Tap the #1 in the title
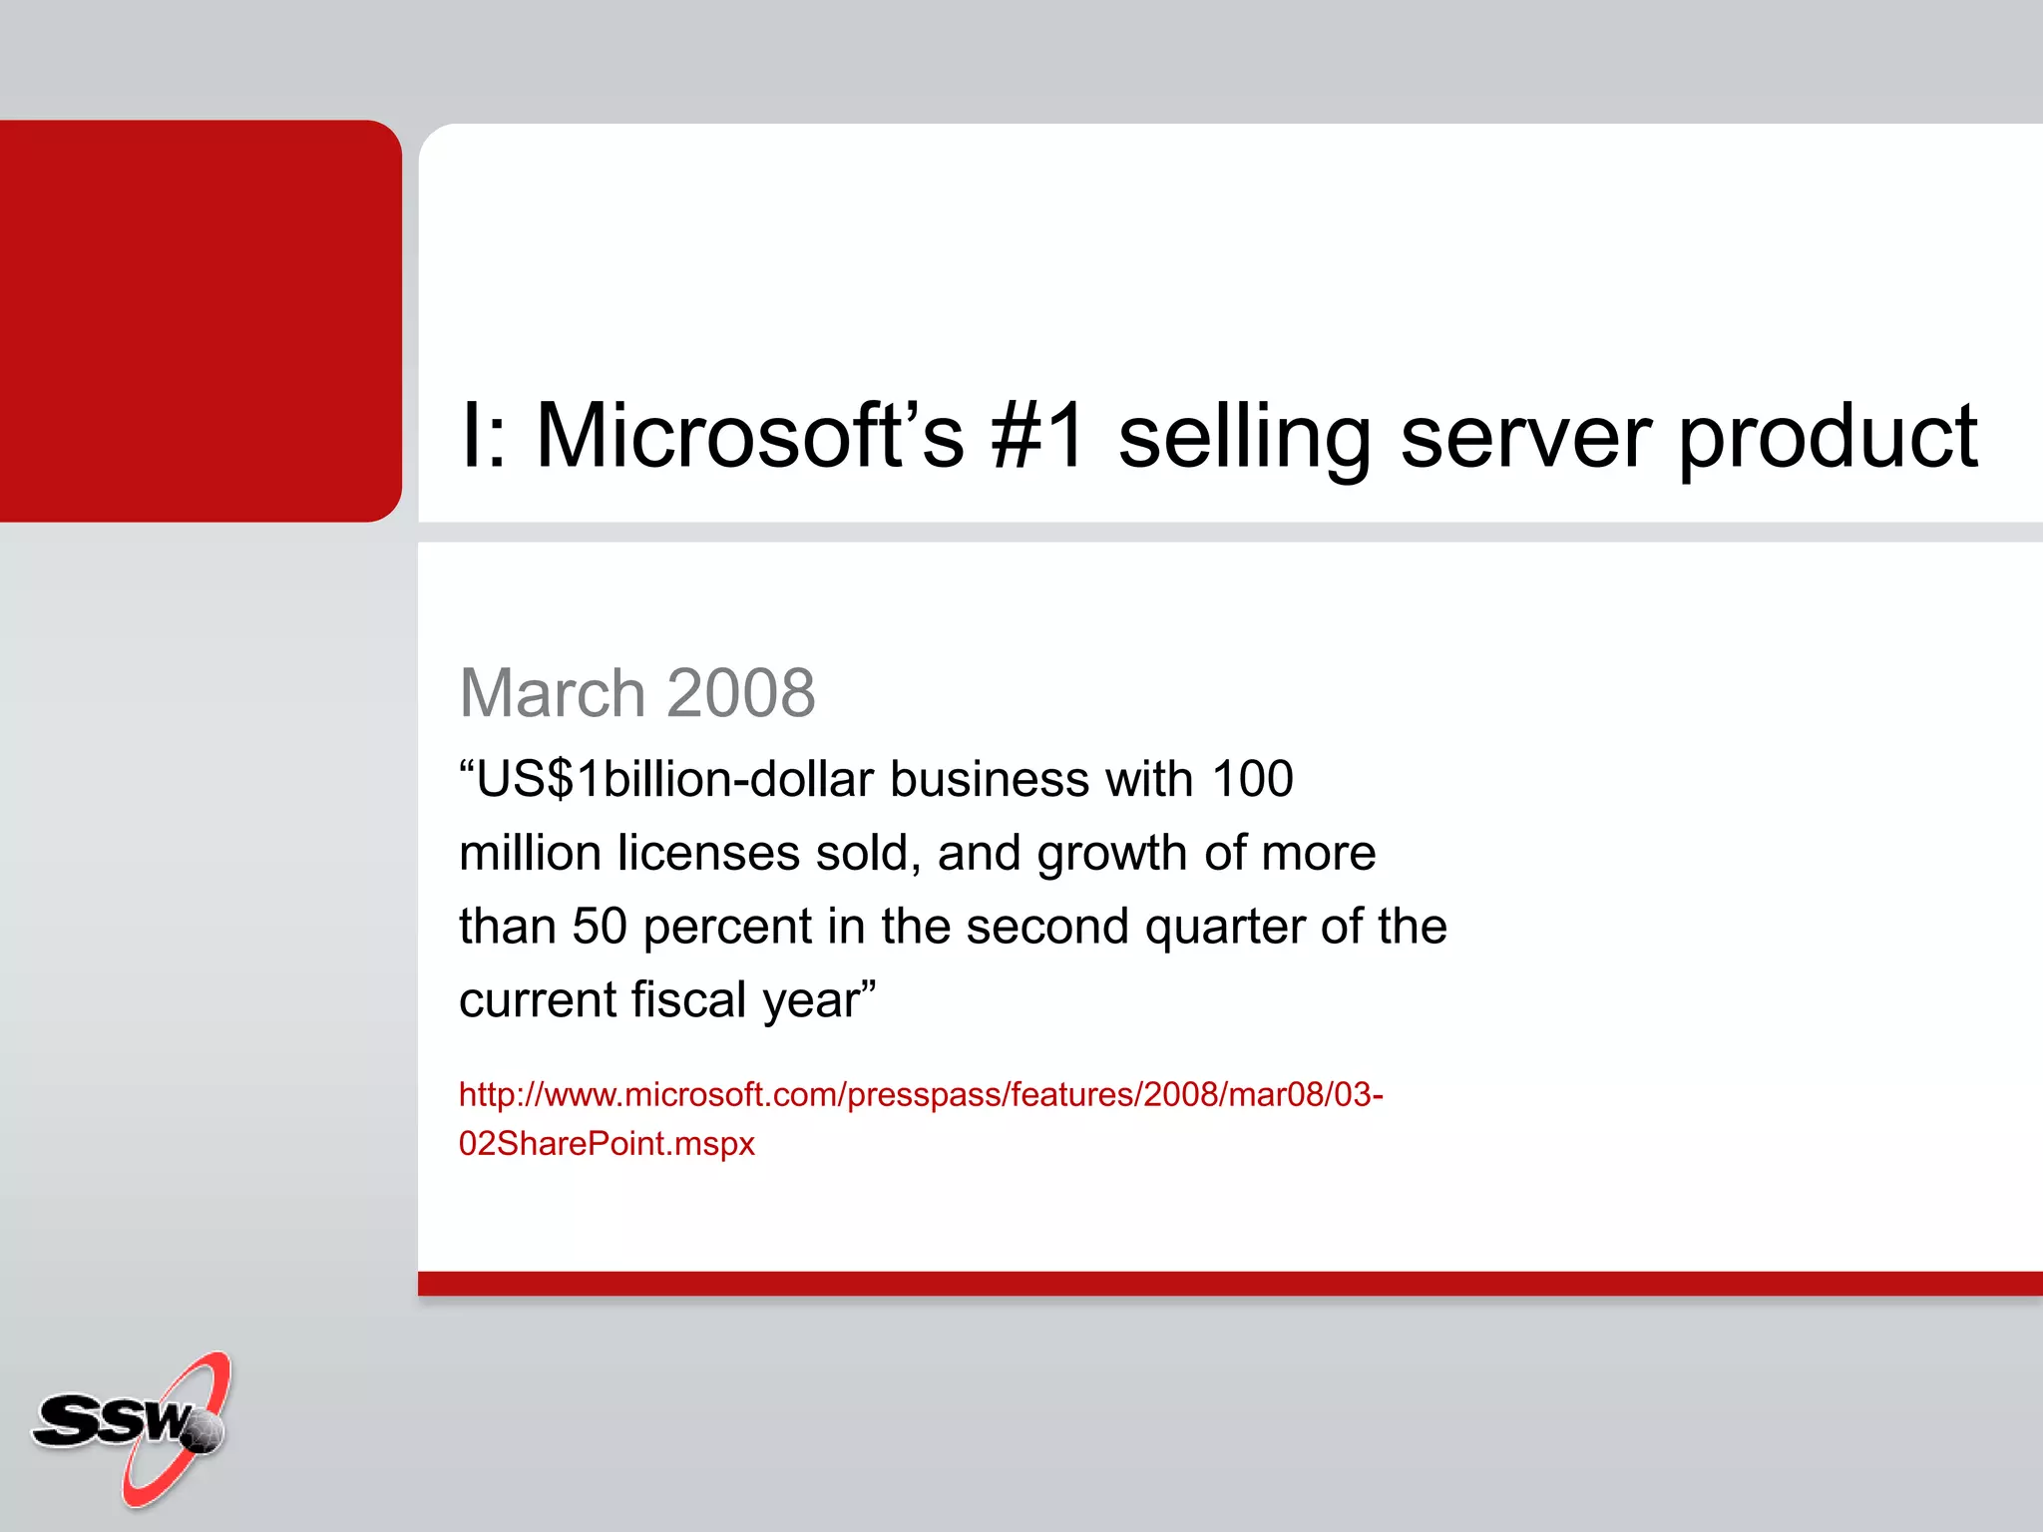[x=1038, y=436]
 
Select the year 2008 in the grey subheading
[x=741, y=692]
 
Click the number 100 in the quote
[x=1252, y=779]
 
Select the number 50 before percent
[x=599, y=926]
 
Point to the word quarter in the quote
[x=1225, y=928]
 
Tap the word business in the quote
[x=989, y=779]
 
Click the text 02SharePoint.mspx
[x=607, y=1143]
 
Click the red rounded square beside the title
[x=200, y=320]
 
